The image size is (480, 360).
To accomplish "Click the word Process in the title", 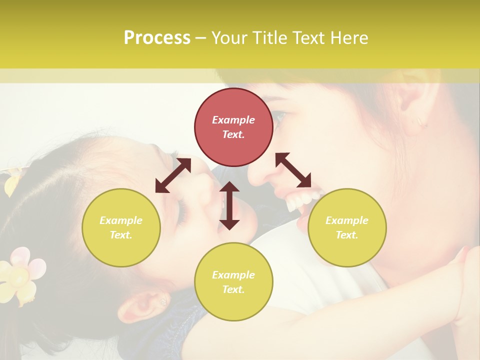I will point(157,38).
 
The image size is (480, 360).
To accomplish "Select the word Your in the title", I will point(229,38).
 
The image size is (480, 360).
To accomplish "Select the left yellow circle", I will point(121,227).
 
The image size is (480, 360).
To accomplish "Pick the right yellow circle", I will point(347,227).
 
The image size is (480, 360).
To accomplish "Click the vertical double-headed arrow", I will point(229,205).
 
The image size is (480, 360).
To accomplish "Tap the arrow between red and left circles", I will point(173,175).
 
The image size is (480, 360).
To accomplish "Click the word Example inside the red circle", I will point(233,120).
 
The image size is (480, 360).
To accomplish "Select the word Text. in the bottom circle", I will point(233,289).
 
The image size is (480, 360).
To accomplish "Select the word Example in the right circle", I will point(347,220).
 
